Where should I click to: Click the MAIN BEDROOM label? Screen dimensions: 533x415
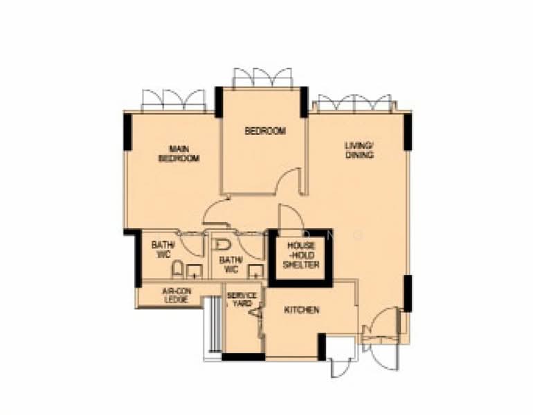(x=179, y=154)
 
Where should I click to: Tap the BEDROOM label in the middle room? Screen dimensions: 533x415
(x=265, y=131)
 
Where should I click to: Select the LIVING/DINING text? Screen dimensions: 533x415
(x=359, y=151)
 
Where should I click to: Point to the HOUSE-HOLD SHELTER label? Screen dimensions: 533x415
(x=301, y=255)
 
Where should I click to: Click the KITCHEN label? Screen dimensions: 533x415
(x=302, y=310)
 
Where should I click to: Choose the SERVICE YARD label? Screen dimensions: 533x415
(x=242, y=299)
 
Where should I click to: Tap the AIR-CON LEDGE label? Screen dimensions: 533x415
(x=177, y=295)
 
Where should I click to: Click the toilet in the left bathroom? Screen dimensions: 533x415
(x=177, y=269)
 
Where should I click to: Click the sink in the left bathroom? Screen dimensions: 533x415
(x=195, y=272)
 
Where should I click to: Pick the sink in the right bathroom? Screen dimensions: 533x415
(x=256, y=272)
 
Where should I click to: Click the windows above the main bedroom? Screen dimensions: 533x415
(x=174, y=100)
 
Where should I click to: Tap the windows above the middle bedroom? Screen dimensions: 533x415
(x=262, y=78)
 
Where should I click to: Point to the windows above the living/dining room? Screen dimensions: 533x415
(x=354, y=103)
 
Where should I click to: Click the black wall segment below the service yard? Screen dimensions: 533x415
(x=244, y=357)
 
